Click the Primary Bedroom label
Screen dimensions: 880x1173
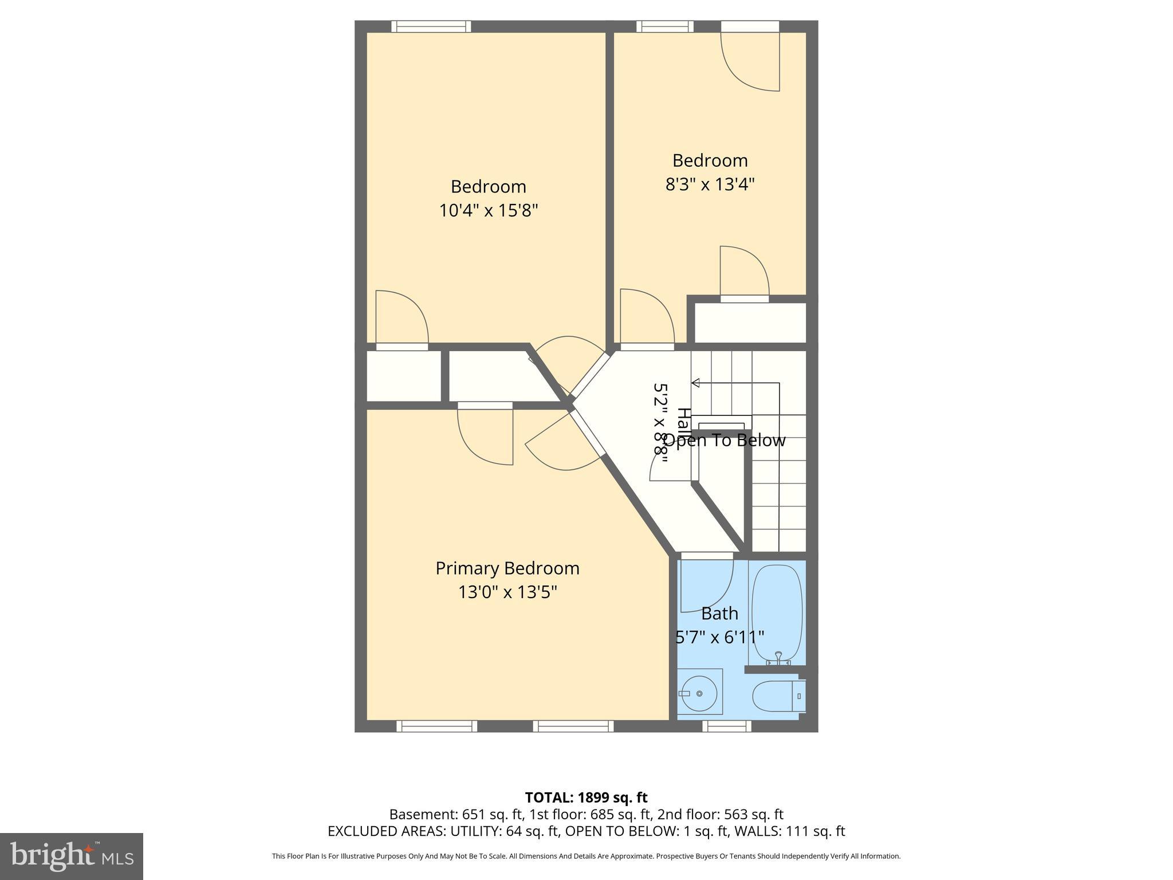pyautogui.click(x=507, y=568)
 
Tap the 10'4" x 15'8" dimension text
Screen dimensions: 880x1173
pyautogui.click(x=489, y=211)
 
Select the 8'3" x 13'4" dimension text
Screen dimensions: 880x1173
pyautogui.click(x=710, y=184)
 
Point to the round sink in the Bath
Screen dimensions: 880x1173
pyautogui.click(x=699, y=694)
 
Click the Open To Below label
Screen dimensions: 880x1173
pyautogui.click(x=725, y=441)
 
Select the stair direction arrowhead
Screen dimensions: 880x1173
pyautogui.click(x=695, y=383)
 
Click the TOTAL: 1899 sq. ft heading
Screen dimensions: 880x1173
pyautogui.click(x=586, y=797)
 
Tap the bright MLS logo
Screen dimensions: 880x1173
pyautogui.click(x=72, y=856)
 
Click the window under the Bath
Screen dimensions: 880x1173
pyautogui.click(x=727, y=726)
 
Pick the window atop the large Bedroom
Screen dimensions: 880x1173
pyautogui.click(x=431, y=26)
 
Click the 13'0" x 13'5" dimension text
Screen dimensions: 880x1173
pyautogui.click(x=507, y=592)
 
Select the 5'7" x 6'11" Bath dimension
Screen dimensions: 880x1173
pyautogui.click(x=719, y=637)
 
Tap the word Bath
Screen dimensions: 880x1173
pyautogui.click(x=719, y=614)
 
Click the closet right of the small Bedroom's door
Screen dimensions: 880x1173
pyautogui.click(x=750, y=323)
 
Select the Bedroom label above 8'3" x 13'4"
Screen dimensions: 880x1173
pyautogui.click(x=710, y=160)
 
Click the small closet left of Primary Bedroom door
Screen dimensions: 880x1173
pyautogui.click(x=404, y=376)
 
